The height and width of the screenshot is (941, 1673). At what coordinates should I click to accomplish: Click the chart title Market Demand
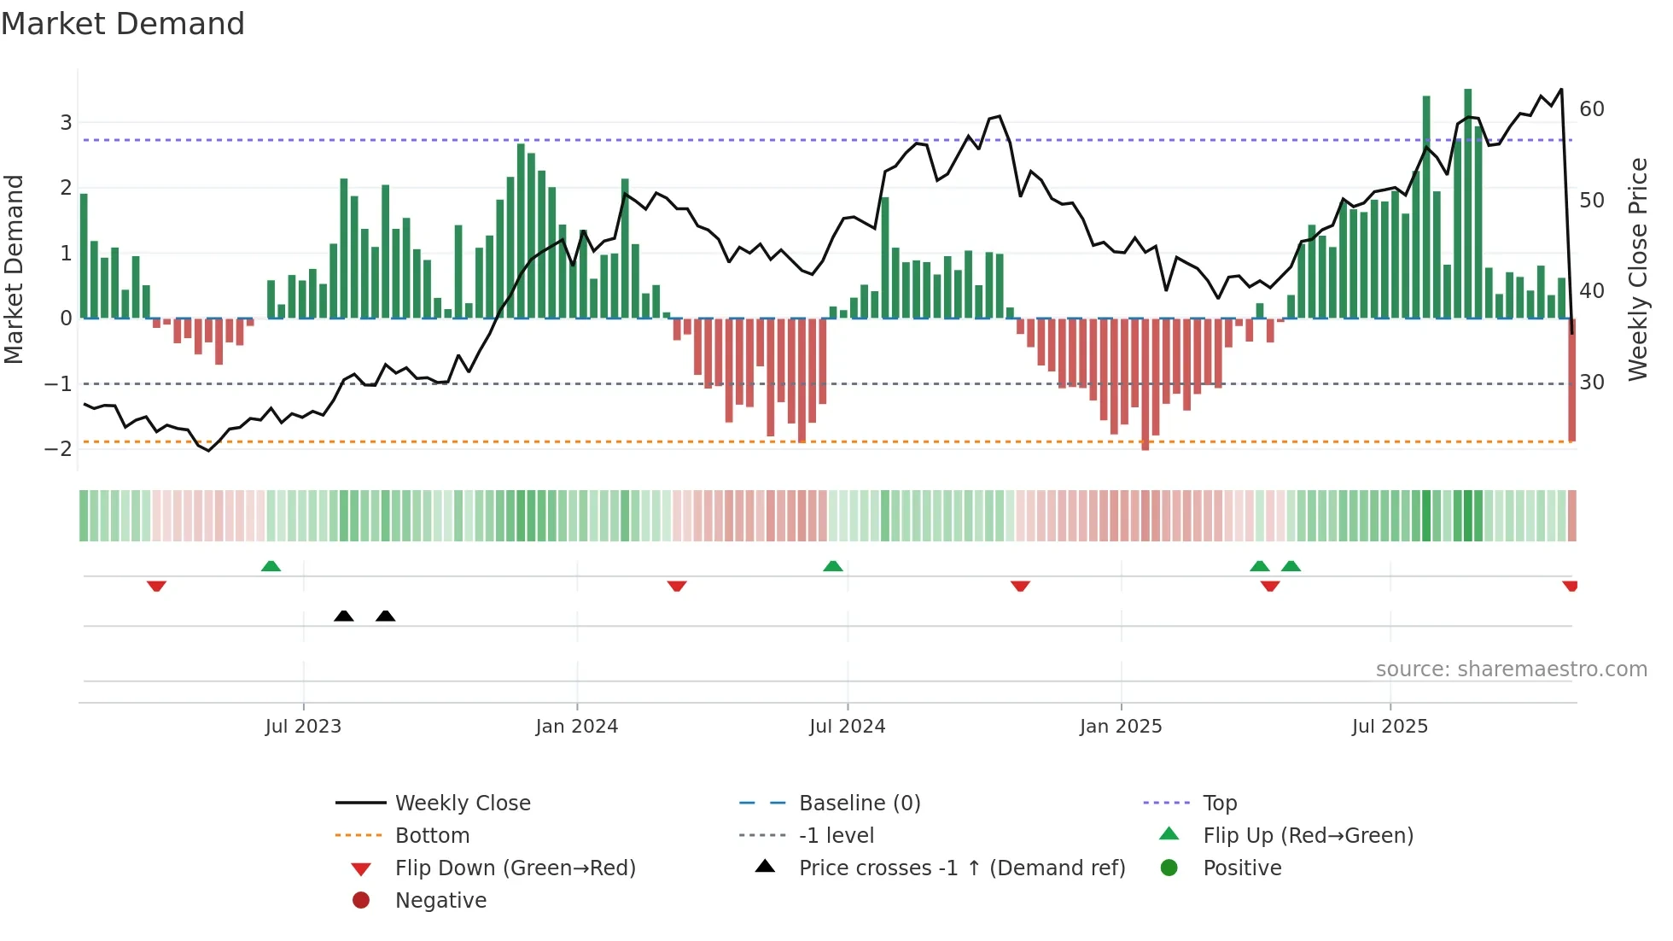(x=123, y=24)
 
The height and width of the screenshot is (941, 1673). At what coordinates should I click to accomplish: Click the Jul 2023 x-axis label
(x=303, y=726)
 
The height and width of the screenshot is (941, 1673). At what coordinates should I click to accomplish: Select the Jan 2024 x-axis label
(x=576, y=726)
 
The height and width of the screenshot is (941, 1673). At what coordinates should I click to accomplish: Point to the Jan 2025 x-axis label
(x=1120, y=726)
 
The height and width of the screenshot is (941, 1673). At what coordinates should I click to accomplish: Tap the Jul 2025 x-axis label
(x=1390, y=726)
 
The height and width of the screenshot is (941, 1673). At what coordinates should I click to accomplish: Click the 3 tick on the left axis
(x=66, y=122)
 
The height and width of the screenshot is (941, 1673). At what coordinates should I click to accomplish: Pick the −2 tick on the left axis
(x=59, y=449)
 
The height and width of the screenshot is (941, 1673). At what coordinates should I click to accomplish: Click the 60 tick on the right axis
(x=1592, y=109)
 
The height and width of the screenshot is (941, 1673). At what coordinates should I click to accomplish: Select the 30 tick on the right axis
(x=1592, y=382)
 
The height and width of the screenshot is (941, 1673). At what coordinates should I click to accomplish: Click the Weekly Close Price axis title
(x=1637, y=269)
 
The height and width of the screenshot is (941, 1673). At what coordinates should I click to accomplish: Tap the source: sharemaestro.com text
(x=1511, y=669)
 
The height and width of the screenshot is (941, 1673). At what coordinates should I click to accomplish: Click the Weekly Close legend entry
(x=463, y=803)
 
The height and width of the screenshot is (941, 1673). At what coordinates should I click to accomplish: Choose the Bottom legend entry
(x=432, y=835)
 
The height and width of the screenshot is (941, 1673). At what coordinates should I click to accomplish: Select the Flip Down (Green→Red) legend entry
(x=515, y=868)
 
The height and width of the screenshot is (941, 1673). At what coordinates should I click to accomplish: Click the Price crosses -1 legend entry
(x=961, y=868)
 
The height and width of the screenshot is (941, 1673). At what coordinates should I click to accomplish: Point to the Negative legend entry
(x=440, y=900)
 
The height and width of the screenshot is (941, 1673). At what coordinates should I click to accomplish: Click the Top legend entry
(x=1220, y=803)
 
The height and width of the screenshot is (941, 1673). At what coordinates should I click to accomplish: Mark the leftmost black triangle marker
(x=344, y=617)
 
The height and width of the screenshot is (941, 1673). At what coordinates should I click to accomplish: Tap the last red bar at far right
(x=1571, y=380)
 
